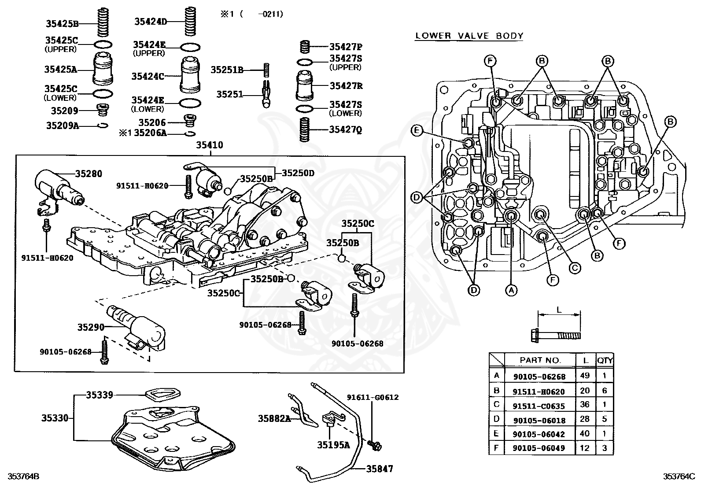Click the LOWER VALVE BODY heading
point(469,36)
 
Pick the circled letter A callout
point(511,290)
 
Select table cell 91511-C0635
point(539,406)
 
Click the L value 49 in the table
point(585,376)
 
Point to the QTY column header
point(605,360)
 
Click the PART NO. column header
point(540,360)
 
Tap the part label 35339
point(99,395)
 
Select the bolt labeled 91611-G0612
point(375,445)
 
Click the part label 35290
point(91,327)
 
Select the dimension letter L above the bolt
point(558,310)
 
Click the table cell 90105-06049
point(539,448)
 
